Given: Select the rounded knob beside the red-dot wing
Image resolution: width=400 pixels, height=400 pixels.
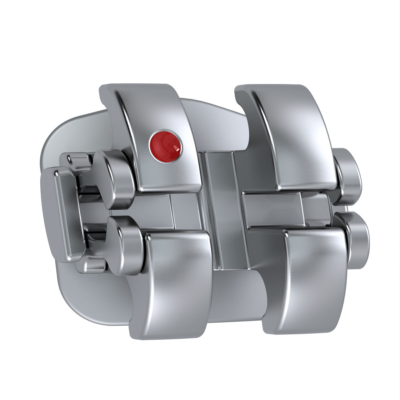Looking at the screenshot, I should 114,178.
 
